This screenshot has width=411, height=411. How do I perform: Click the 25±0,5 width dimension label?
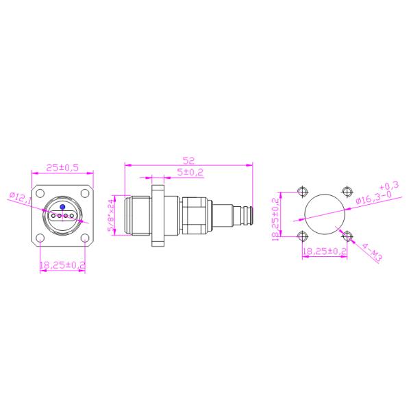click(x=62, y=167)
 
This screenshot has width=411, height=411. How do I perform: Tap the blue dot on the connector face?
click(x=62, y=206)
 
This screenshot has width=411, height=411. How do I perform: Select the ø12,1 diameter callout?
click(x=20, y=197)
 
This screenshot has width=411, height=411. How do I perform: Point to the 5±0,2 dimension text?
click(x=190, y=173)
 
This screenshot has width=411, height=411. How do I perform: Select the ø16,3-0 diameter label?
click(x=375, y=198)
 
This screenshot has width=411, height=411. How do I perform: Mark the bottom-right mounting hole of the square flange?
click(x=85, y=238)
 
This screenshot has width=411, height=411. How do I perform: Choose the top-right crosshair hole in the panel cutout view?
click(x=347, y=191)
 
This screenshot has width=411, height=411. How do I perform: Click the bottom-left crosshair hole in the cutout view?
click(x=302, y=236)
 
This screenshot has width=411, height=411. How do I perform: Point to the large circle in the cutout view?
click(x=325, y=214)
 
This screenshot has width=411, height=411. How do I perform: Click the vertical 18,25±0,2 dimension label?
click(x=276, y=219)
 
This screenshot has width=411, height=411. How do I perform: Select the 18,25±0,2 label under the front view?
click(x=62, y=264)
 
